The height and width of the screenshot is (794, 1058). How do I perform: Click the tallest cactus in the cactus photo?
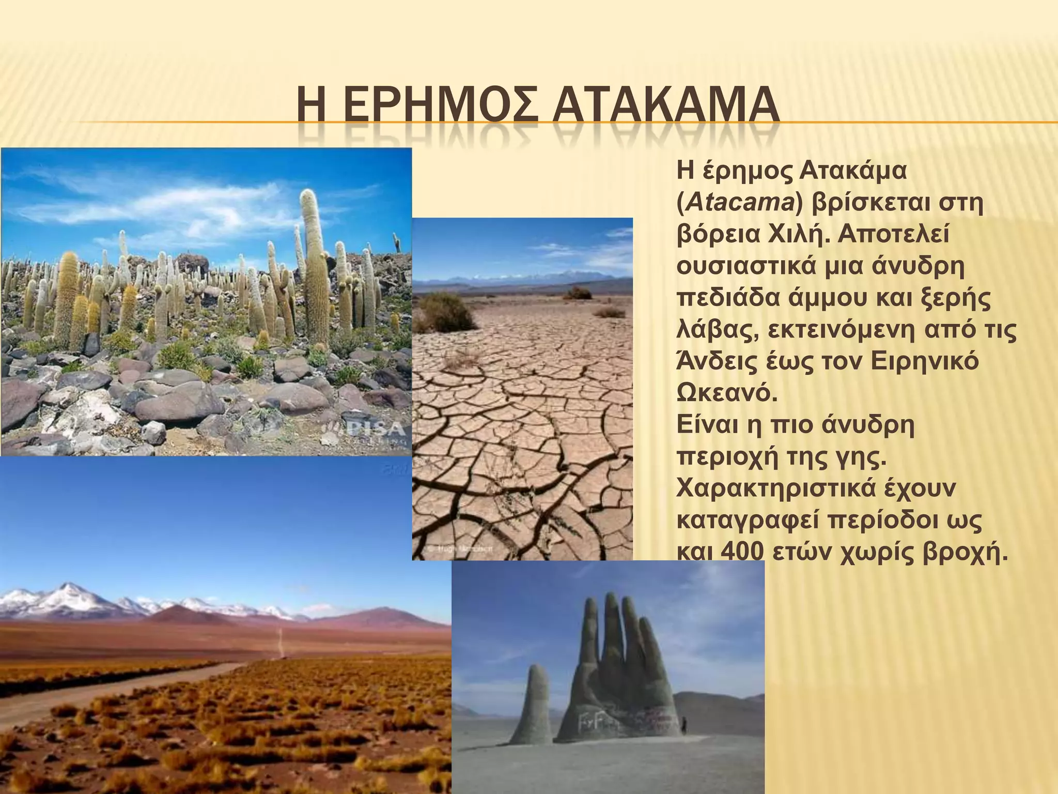point(313,258)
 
